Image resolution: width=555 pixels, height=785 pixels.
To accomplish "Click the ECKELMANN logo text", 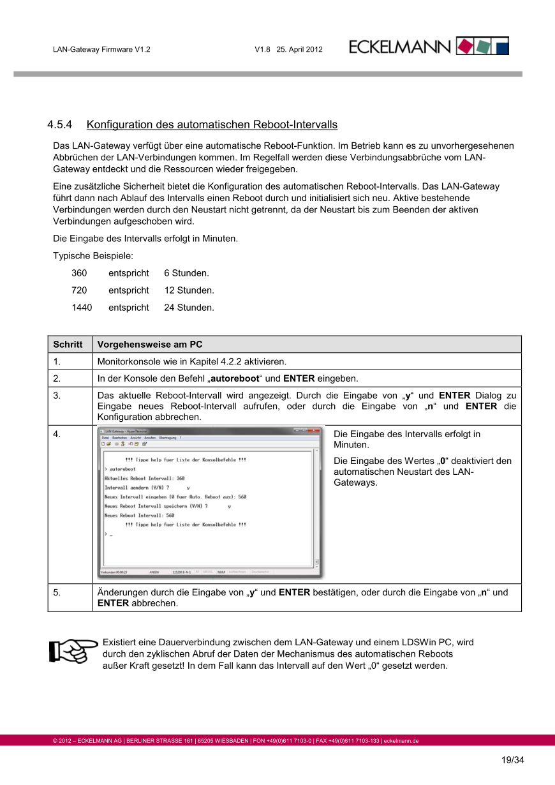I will point(400,47).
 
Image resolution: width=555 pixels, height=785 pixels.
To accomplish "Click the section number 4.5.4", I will point(61,124).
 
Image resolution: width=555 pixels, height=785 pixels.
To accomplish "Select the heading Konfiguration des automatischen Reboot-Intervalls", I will point(212,124).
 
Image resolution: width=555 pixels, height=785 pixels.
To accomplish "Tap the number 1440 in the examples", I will point(82,308).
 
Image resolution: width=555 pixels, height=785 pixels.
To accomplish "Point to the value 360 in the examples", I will point(79,273).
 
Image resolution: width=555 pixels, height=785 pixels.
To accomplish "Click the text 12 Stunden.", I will point(189,290).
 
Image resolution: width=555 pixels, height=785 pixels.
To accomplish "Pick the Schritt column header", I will point(68,345).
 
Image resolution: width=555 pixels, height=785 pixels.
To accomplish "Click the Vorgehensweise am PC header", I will point(150,345).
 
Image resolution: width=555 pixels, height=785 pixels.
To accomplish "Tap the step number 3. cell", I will point(57,396).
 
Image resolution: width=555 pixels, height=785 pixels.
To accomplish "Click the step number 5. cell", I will point(57,592).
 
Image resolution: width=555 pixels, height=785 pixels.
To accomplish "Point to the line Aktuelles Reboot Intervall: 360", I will point(145,478).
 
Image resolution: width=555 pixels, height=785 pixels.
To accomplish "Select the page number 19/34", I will point(512,760).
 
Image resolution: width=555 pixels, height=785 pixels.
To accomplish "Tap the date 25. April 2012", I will point(300,49).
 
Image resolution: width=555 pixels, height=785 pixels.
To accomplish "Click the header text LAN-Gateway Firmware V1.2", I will point(101,49).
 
